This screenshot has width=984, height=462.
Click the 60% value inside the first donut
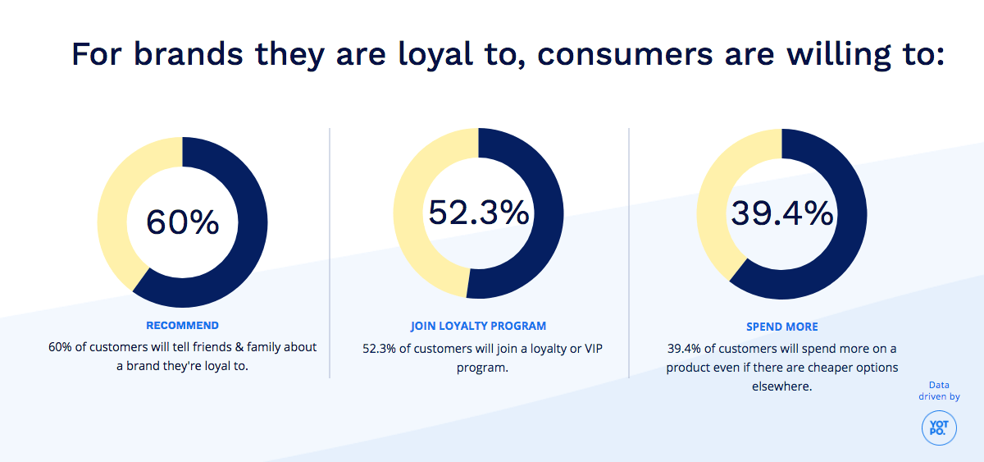(x=182, y=222)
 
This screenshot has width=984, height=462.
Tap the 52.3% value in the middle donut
(x=479, y=213)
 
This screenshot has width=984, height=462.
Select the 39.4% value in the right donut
(x=781, y=213)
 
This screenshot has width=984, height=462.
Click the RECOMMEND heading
(x=182, y=326)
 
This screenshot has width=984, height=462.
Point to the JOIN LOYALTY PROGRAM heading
(x=479, y=326)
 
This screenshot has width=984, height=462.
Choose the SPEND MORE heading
(x=781, y=327)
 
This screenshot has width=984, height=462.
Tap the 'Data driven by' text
(x=939, y=391)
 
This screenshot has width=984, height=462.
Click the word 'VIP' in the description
(x=591, y=349)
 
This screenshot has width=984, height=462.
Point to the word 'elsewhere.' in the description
(x=781, y=386)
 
